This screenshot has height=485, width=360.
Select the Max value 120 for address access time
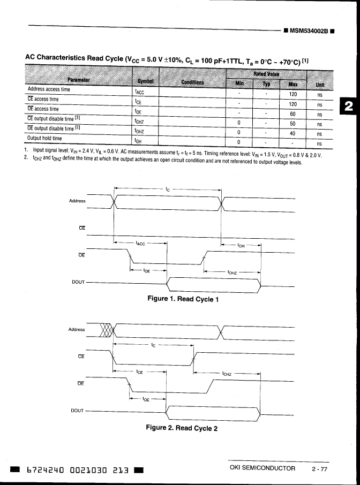[292, 93]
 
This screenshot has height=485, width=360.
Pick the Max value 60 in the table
[292, 113]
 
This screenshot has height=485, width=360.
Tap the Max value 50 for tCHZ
[292, 124]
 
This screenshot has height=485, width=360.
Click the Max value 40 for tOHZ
[292, 133]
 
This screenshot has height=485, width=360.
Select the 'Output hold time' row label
[44, 139]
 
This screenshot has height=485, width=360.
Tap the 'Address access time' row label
[49, 89]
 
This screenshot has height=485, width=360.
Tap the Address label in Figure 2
[77, 330]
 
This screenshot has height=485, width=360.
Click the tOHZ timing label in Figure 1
[232, 271]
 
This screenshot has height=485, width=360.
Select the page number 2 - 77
[319, 468]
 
